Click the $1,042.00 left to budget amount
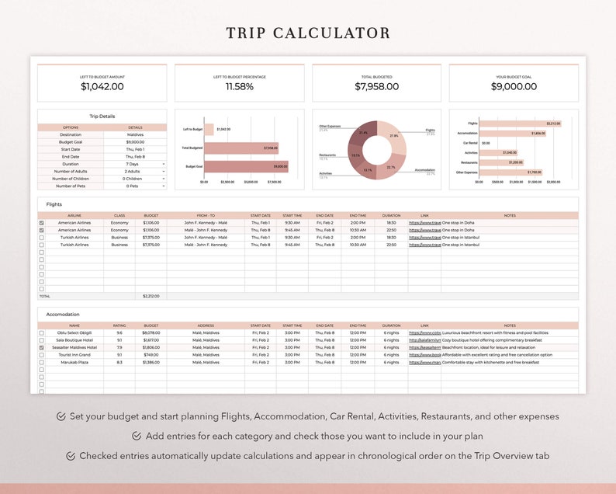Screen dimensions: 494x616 (102, 87)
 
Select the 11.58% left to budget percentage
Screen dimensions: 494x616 (240, 87)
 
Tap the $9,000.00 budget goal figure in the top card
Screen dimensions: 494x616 (514, 87)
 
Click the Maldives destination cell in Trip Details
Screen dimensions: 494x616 (135, 134)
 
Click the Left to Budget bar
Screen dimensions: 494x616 (209, 129)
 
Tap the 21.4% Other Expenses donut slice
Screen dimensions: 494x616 (363, 133)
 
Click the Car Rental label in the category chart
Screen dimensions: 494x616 (470, 143)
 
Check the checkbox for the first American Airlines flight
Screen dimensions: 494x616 (42, 223)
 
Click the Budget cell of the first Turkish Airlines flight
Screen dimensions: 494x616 (151, 238)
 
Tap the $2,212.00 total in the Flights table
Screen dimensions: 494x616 (151, 296)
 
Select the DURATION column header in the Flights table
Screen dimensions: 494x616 (391, 215)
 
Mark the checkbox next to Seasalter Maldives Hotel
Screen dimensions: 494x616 (42, 347)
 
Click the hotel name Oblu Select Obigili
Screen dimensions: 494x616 (74, 332)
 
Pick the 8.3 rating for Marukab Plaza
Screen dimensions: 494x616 (119, 362)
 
